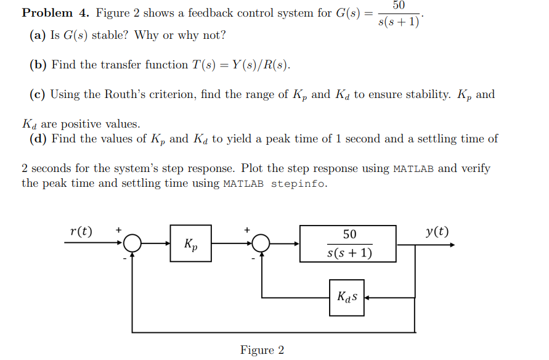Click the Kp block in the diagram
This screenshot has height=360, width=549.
(x=190, y=243)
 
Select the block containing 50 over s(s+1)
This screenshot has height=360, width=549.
(x=348, y=243)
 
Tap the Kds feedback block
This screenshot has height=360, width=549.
(x=346, y=297)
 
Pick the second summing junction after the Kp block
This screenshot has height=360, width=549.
(x=262, y=244)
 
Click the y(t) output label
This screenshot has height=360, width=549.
(x=437, y=232)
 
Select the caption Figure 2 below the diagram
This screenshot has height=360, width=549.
(x=262, y=350)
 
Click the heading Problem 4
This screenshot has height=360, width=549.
(x=55, y=13)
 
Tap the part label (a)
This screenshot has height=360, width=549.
(x=38, y=35)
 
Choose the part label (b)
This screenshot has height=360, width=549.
(x=38, y=65)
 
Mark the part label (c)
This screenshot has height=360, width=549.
(x=38, y=94)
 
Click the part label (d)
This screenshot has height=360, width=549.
(x=38, y=139)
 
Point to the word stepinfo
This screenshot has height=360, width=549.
(x=299, y=184)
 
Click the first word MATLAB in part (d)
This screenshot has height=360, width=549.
(x=413, y=169)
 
